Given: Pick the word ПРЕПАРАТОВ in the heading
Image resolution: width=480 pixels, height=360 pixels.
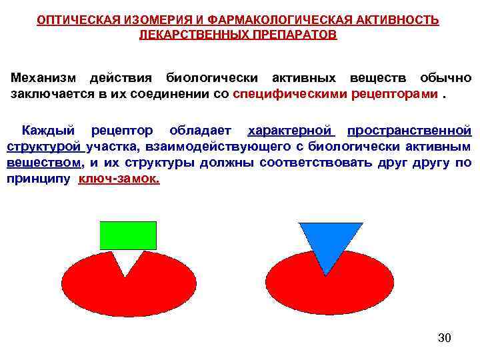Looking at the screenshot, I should (295, 34).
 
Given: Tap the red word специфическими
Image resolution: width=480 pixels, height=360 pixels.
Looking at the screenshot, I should (291, 93).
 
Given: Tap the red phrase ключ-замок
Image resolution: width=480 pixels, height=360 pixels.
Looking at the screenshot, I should (119, 179).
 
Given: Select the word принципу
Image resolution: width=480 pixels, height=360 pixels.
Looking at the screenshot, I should (39, 179).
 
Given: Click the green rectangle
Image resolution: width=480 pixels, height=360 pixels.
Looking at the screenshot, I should (127, 235).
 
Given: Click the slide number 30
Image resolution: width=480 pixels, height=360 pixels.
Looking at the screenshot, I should (445, 338).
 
